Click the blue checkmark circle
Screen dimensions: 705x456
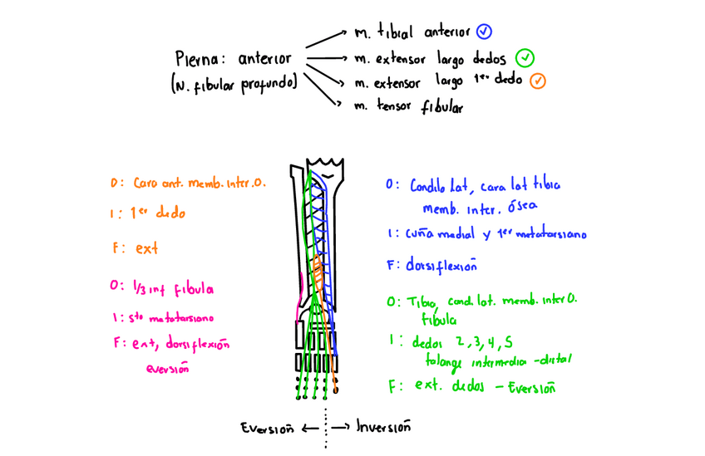click(x=485, y=32)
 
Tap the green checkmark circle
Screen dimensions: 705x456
click(x=524, y=58)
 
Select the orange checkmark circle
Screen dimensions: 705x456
click(x=538, y=81)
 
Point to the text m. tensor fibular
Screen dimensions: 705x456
click(x=408, y=106)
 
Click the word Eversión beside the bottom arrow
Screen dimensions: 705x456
click(x=268, y=428)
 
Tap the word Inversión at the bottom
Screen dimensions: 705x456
click(x=383, y=427)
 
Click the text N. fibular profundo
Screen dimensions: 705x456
click(x=234, y=83)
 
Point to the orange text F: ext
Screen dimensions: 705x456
click(x=135, y=248)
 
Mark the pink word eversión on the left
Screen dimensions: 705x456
click(x=166, y=368)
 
